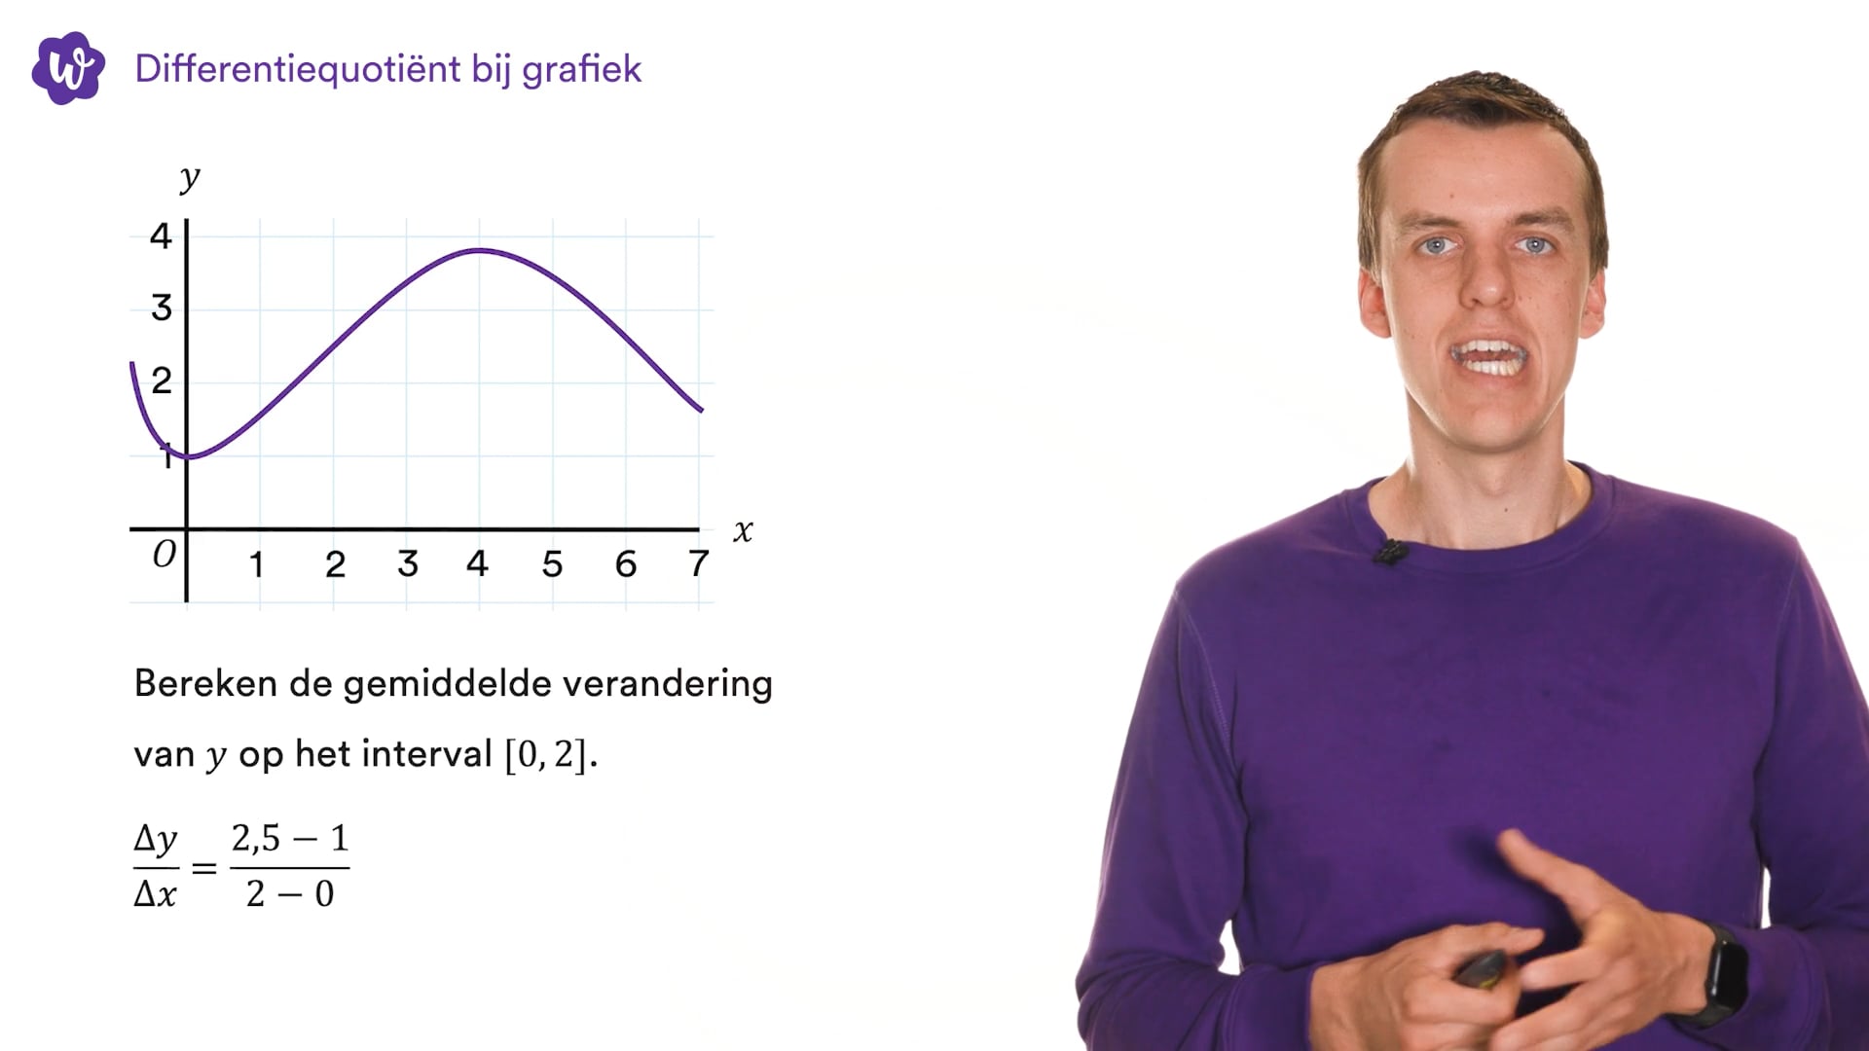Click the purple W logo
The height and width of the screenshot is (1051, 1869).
68,68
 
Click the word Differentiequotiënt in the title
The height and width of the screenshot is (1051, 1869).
298,69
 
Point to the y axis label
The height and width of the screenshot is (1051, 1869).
190,178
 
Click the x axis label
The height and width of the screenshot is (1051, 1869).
743,531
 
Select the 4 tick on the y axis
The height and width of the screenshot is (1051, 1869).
161,236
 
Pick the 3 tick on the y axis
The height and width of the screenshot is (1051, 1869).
162,308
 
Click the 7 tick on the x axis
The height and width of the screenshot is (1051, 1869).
698,563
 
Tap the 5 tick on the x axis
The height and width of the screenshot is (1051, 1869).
552,564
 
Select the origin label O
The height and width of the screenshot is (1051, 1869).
165,554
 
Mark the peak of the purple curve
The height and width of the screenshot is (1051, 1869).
479,251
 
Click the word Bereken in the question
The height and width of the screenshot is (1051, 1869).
205,683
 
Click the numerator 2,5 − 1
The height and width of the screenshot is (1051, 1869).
290,838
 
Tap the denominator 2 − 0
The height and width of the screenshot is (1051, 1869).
290,893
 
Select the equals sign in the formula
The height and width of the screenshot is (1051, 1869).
204,867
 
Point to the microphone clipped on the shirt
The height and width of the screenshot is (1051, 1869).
1391,552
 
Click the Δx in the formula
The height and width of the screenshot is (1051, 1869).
155,893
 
